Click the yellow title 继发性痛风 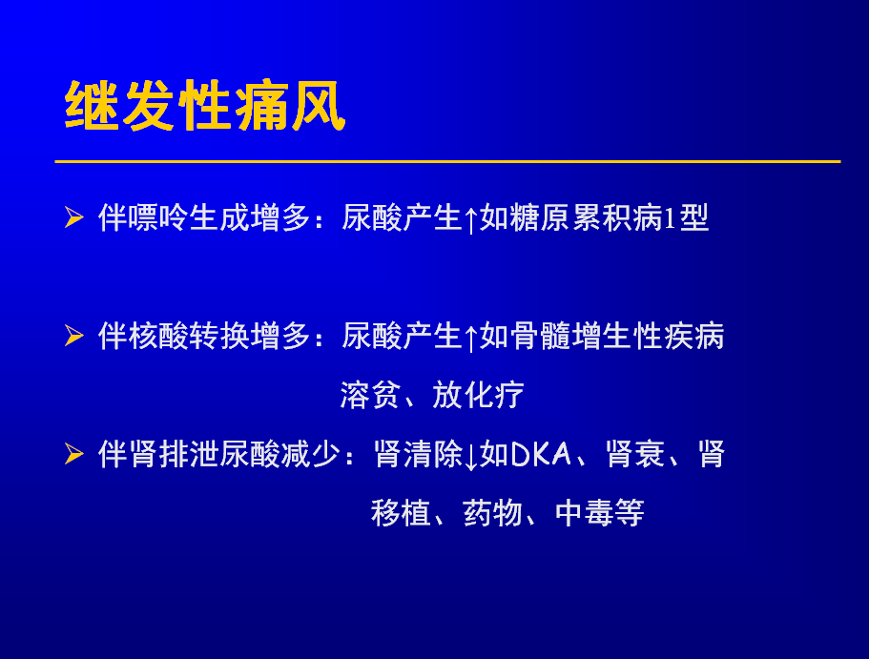point(205,105)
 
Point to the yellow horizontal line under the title point(447,161)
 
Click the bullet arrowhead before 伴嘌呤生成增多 point(74,216)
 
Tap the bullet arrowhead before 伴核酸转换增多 point(74,336)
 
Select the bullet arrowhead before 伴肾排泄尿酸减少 point(74,454)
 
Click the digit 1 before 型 point(670,218)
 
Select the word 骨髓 point(540,336)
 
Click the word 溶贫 point(370,395)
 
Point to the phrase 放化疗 point(478,395)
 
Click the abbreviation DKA point(540,455)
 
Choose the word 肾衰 point(635,455)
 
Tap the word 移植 point(401,513)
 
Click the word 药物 point(493,513)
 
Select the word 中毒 point(585,513)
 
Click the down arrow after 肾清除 point(471,456)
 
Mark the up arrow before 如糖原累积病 point(471,219)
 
